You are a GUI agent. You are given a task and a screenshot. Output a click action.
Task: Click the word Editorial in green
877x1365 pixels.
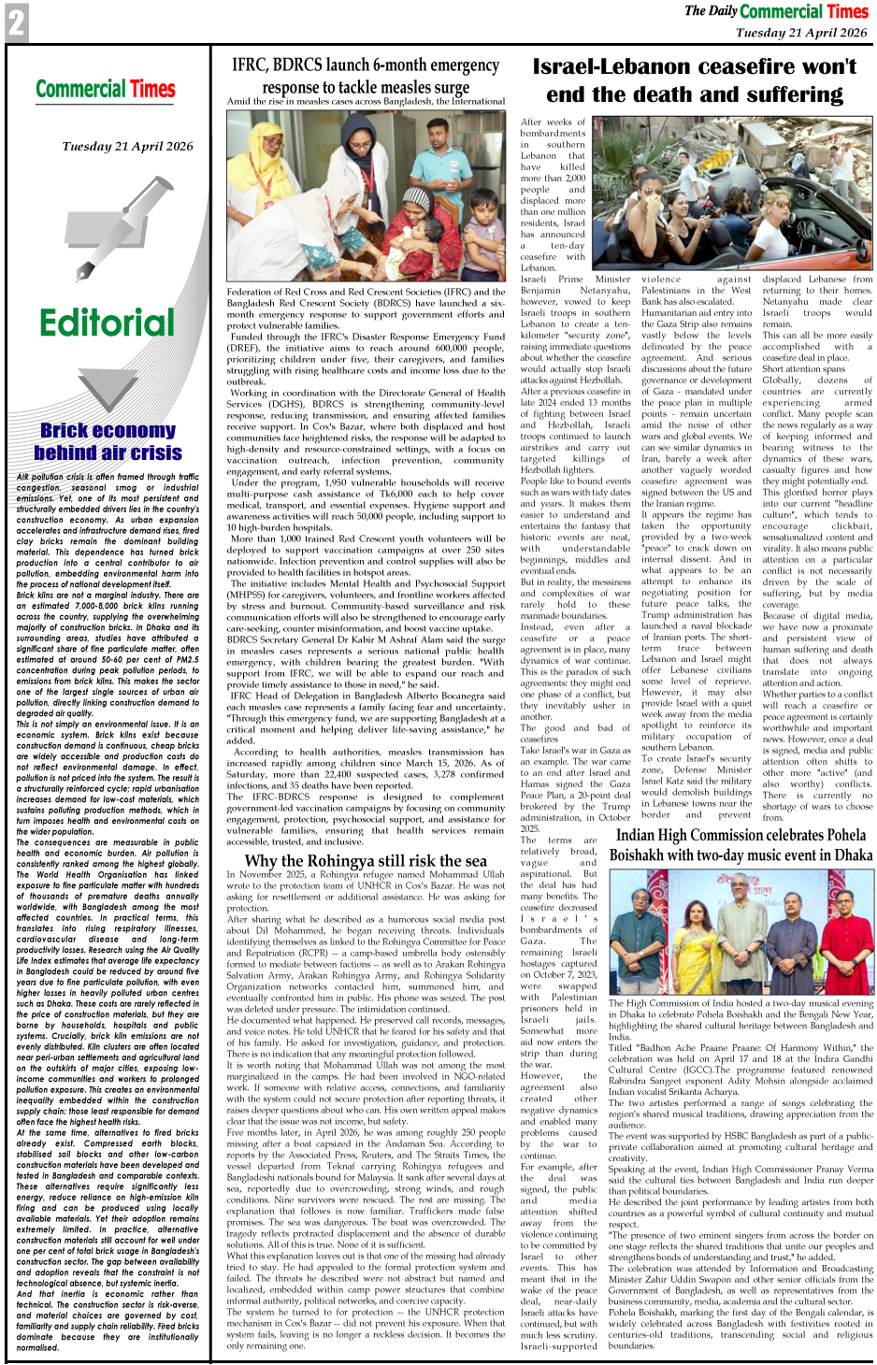point(107,323)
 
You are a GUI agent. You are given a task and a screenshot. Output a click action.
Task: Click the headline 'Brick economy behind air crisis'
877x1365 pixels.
point(108,441)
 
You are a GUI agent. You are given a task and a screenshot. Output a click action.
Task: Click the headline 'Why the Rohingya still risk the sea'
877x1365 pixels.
point(366,860)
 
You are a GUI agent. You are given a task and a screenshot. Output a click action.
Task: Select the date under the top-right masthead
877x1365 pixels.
point(800,33)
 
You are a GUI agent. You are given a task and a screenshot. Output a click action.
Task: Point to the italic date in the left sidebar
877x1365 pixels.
point(128,146)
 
